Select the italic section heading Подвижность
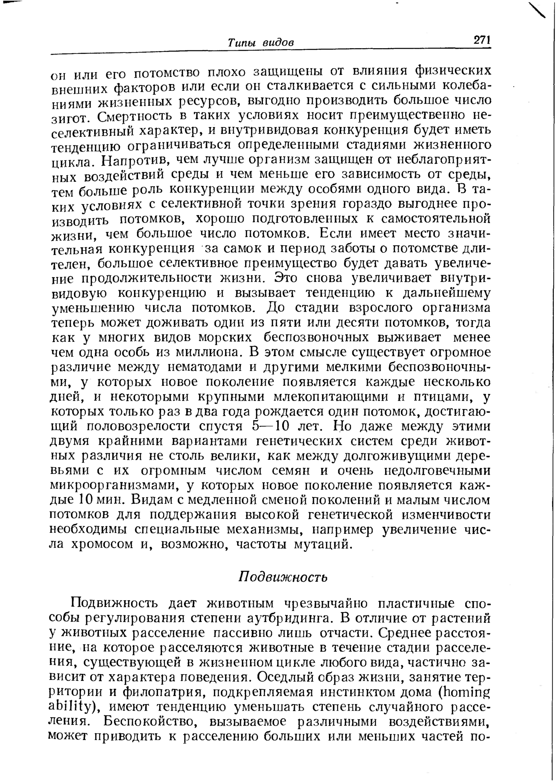point(283,577)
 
